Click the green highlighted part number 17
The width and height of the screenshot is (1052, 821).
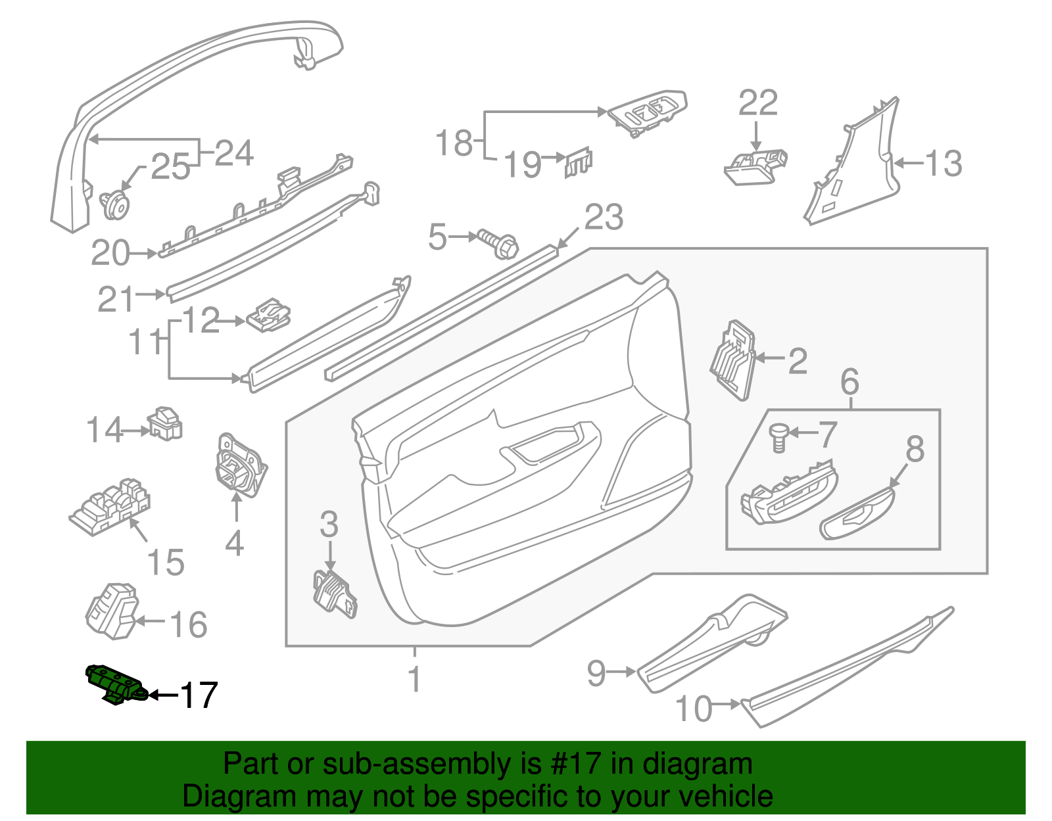116,684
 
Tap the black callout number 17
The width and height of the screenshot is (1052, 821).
199,695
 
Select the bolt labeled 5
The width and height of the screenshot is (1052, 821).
499,243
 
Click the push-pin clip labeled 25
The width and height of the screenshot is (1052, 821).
116,204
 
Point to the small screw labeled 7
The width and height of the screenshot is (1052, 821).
778,437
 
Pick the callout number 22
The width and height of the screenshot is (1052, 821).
757,103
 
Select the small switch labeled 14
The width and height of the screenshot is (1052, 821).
164,424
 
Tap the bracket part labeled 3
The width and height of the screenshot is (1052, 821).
335,594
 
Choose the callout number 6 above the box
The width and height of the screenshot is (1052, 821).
849,382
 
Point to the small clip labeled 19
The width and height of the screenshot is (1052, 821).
579,161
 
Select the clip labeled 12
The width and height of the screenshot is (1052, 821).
270,315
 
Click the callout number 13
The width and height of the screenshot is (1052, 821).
944,163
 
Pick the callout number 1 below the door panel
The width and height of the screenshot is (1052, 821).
414,679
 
